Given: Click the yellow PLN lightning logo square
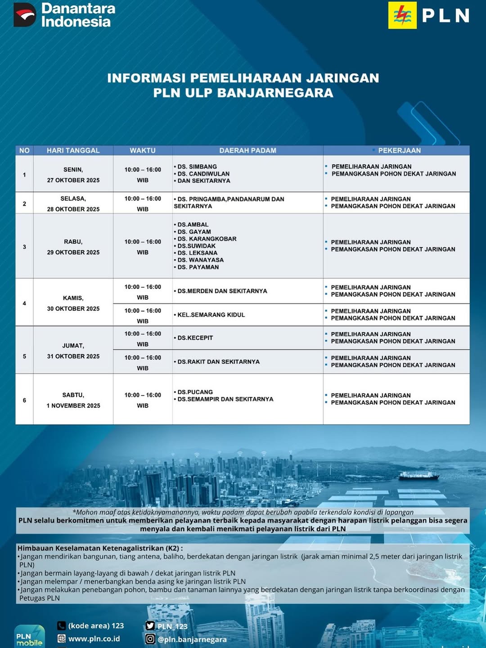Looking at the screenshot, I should [402, 15].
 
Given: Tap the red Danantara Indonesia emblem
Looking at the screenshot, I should [25, 15].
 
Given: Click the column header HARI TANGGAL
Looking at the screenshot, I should [73, 150].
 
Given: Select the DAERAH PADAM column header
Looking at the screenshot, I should [247, 150].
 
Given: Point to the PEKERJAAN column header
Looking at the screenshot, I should [399, 150].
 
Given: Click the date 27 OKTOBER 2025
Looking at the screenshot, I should [73, 180].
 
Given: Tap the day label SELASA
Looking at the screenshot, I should [73, 198].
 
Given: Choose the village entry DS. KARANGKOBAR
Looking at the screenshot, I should [207, 239].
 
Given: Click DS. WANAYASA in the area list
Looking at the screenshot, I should [200, 260].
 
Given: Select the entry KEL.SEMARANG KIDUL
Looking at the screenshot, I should [211, 315].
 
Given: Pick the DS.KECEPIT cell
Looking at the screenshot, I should [195, 338].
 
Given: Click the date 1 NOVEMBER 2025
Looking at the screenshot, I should [73, 405].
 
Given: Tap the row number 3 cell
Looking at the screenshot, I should [24, 247].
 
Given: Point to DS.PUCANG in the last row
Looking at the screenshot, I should [195, 392].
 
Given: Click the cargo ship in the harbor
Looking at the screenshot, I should [418, 475].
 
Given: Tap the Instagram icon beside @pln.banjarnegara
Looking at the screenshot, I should [150, 639].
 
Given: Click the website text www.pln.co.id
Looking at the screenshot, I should [94, 639].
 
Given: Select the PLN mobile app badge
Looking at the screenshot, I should [29, 637].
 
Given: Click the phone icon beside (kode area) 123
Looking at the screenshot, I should [62, 625].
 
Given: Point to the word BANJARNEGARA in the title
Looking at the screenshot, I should [275, 93].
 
